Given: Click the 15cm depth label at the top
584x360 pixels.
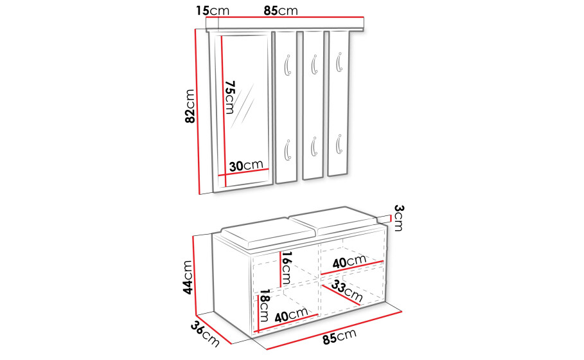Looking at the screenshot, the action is point(213,10).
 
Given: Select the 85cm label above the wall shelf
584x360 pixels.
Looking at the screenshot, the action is point(281,10).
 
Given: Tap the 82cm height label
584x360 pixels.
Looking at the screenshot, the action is point(190,106).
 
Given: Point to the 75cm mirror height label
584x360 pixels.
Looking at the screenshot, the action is point(230,97).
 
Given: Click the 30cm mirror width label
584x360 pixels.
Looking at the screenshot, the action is point(246,165).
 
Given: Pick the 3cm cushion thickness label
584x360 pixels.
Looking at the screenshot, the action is point(398,218).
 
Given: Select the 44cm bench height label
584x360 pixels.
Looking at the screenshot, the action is point(188,277).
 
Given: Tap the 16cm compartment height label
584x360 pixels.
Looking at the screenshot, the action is point(286,268).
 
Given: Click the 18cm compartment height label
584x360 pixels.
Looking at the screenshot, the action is point(264,305).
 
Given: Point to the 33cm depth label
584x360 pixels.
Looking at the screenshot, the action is point(347,291).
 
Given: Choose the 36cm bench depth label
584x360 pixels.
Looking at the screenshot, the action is point(205,334).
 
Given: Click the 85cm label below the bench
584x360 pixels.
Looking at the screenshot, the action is point(339,336).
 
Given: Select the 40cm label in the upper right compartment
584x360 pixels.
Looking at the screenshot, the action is point(350,262).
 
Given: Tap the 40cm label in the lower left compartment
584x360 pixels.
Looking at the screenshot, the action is point(291,315).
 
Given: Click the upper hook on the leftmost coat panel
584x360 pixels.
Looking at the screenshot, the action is point(288,65).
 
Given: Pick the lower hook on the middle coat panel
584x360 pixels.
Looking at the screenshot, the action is point(314,146).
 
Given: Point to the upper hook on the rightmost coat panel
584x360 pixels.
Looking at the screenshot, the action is point(339,62).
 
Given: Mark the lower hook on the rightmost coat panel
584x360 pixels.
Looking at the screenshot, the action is point(339,144).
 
